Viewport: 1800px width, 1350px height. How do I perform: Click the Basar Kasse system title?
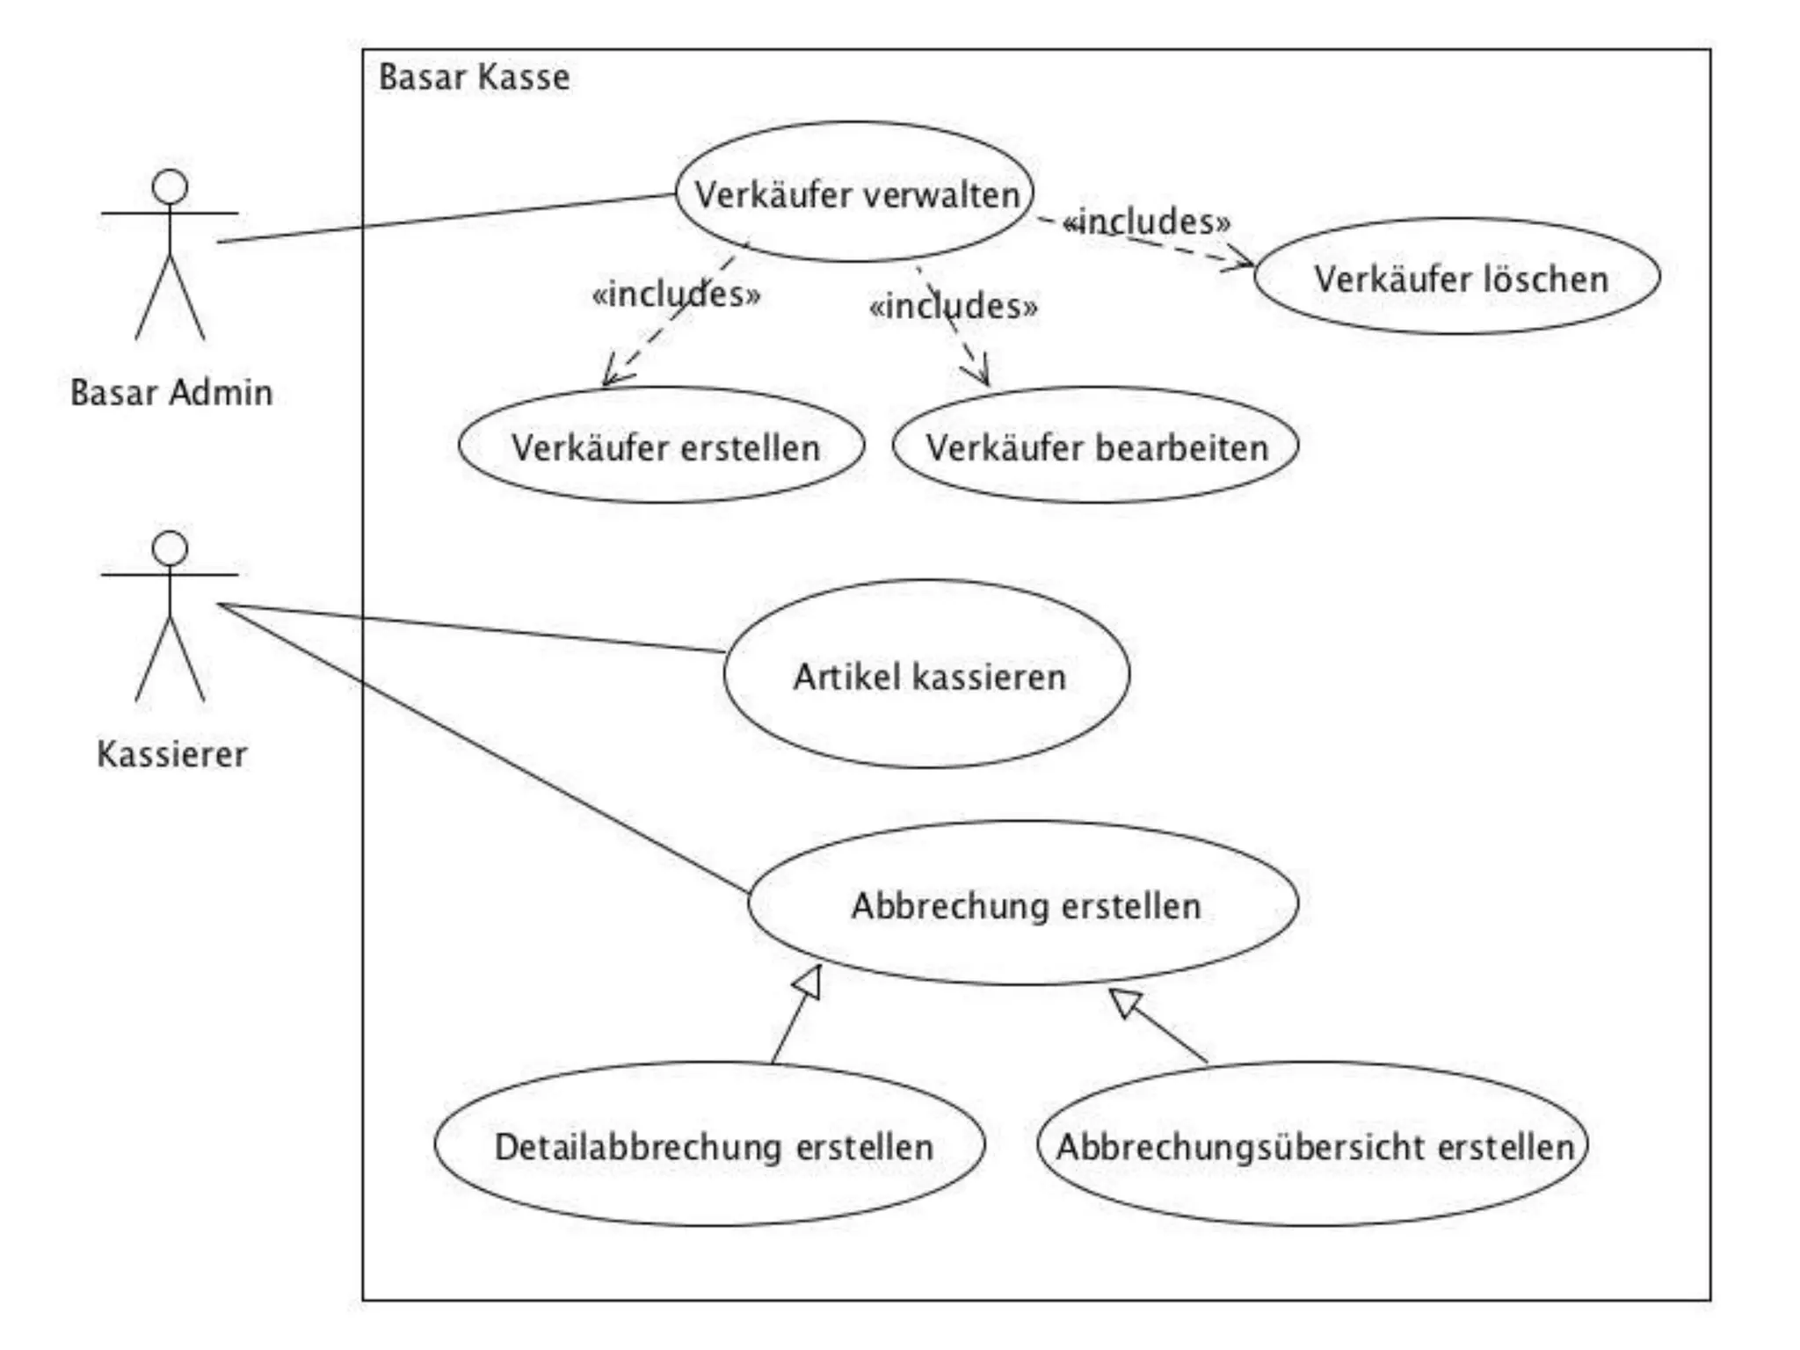point(474,77)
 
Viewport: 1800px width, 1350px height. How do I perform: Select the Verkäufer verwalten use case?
point(854,192)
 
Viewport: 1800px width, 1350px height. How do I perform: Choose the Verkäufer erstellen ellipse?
point(662,446)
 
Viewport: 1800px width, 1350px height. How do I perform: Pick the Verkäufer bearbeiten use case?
point(1095,446)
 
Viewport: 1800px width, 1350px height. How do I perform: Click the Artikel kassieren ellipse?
point(926,674)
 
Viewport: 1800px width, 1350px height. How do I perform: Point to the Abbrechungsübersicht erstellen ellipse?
point(1313,1144)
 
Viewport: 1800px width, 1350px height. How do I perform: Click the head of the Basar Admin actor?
point(170,186)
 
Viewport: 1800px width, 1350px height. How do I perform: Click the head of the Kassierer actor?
point(170,548)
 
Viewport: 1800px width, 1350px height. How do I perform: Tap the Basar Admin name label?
point(171,392)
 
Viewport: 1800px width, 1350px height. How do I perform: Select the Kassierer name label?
point(171,754)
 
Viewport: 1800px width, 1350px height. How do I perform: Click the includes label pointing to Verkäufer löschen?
point(1147,221)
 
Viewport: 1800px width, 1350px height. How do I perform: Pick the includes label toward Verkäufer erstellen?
point(676,294)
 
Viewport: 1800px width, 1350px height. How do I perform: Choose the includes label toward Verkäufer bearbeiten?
point(953,307)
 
